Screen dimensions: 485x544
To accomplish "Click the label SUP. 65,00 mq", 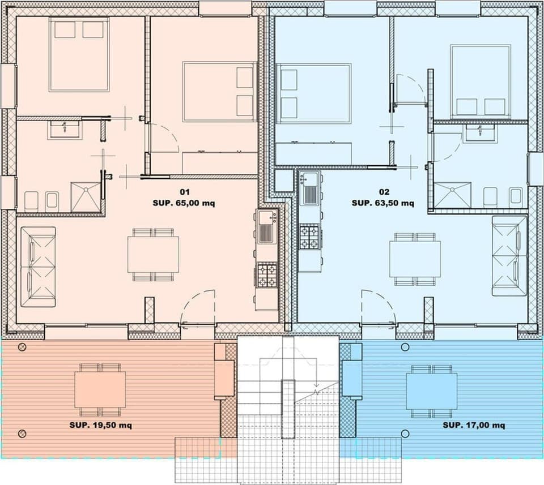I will (184, 203).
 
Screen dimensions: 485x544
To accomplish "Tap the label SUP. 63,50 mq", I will (382, 203).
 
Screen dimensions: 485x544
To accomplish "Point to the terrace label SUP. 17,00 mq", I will (474, 424).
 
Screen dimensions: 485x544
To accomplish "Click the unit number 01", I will (184, 192).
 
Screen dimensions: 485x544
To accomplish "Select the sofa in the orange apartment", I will (38, 267).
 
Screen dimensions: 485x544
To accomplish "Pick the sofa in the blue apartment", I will (509, 256).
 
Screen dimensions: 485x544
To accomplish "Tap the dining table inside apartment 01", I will (153, 255).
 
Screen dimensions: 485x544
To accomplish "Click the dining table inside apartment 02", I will (415, 259).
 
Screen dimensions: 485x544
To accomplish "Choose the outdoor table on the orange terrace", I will (100, 389).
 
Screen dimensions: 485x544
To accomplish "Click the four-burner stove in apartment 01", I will (267, 275).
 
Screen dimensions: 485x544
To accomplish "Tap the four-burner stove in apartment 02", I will (310, 237).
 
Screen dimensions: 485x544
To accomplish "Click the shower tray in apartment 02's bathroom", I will (453, 195).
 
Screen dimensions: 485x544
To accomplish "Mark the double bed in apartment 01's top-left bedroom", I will (79, 54).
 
